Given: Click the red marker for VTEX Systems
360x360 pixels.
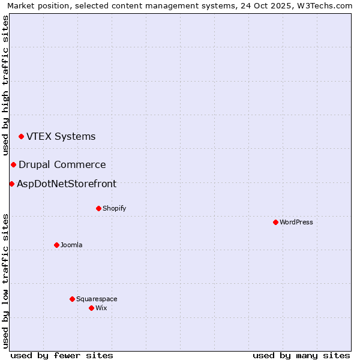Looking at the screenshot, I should coord(21,137).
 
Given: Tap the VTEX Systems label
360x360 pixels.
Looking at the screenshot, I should coord(61,137).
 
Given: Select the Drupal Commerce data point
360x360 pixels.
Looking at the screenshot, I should coord(13,164).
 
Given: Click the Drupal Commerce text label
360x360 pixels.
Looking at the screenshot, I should coord(62,165).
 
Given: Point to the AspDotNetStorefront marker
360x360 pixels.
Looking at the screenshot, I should coord(11,184).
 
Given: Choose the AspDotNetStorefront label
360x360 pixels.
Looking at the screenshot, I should coord(67,184).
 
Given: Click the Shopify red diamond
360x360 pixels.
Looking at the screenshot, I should coord(98,208).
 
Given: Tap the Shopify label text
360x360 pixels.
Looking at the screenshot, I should coord(114,209).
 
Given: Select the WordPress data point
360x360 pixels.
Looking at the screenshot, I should coord(275,222).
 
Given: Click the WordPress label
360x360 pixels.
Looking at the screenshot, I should coord(296,223).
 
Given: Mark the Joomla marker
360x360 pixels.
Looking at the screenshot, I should coord(56,245).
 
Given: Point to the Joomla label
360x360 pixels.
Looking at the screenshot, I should coord(71,245).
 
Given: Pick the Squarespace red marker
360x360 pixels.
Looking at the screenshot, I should coord(72,299).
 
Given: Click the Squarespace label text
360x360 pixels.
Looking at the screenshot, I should coord(97,299).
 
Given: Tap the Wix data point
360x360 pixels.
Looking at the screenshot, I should coord(91,308).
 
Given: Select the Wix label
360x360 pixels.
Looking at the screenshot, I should coord(101,308).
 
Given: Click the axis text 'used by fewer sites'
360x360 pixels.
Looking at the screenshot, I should coord(62,356).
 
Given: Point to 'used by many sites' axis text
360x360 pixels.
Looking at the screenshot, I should coord(301,356).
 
